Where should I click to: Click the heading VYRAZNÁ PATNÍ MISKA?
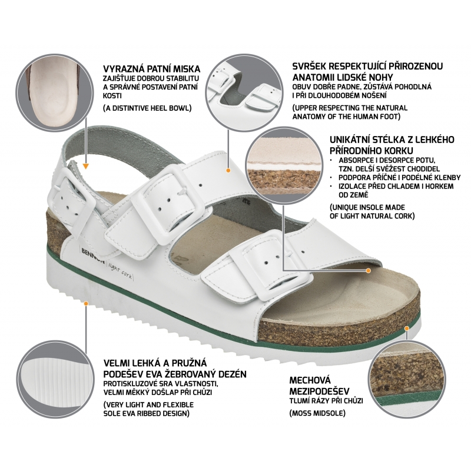tap(152, 69)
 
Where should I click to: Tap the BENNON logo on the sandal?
tap(93, 255)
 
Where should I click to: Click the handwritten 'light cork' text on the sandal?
tap(120, 271)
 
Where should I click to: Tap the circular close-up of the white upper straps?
tap(244, 93)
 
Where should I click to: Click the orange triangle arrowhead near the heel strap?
tap(86, 166)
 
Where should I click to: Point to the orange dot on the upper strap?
tap(228, 170)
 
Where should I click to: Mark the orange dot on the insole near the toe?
tap(369, 271)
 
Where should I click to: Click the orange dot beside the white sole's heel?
tap(86, 304)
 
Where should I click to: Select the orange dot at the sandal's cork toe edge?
tap(407, 329)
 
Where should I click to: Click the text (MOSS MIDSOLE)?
tap(317, 413)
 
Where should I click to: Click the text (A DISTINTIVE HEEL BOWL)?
tap(147, 108)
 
